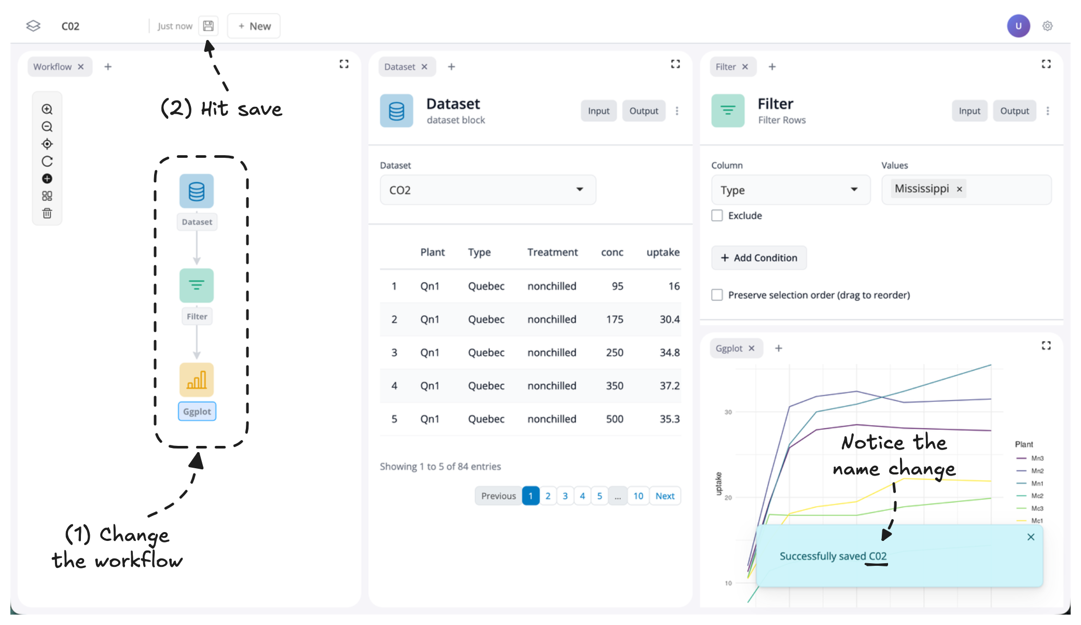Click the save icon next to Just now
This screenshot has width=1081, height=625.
(x=208, y=26)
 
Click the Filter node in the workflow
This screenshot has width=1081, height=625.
(x=197, y=286)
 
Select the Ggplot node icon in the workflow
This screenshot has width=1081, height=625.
(x=197, y=380)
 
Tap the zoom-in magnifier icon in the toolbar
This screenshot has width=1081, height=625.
(x=47, y=109)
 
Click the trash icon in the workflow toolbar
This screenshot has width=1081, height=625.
(x=47, y=213)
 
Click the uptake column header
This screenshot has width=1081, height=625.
(x=662, y=252)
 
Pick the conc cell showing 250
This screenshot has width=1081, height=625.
(x=615, y=352)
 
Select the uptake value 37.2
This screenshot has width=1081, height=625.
(x=669, y=386)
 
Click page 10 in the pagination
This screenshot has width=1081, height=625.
(x=638, y=496)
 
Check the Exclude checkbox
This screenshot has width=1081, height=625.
(x=717, y=215)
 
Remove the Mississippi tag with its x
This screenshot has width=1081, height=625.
(x=960, y=189)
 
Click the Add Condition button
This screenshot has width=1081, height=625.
(x=759, y=258)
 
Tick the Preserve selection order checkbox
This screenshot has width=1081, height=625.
(x=717, y=295)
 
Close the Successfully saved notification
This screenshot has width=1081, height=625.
(x=1031, y=537)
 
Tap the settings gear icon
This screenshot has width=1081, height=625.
(x=1048, y=26)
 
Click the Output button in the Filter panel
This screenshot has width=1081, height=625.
(x=1014, y=111)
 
